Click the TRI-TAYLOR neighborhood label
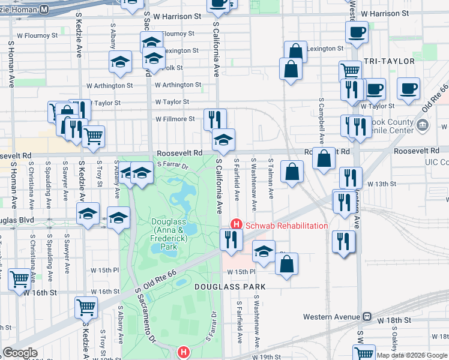point(389,61)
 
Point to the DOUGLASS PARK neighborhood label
point(229,287)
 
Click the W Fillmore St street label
point(175,119)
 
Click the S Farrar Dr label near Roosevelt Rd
point(173,164)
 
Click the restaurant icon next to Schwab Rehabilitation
point(231,239)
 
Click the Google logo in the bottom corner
point(20,353)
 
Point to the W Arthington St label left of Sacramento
point(110,86)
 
